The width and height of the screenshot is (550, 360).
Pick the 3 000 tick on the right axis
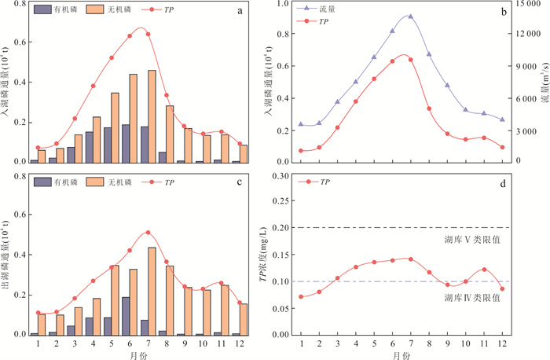coord(525,130)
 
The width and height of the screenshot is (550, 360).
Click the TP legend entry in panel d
coord(318,182)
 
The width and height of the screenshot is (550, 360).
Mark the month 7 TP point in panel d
coord(410,259)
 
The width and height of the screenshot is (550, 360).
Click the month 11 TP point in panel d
coord(484,269)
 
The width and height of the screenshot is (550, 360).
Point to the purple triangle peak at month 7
coord(410,17)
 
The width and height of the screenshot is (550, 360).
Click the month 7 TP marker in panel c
coord(148,233)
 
